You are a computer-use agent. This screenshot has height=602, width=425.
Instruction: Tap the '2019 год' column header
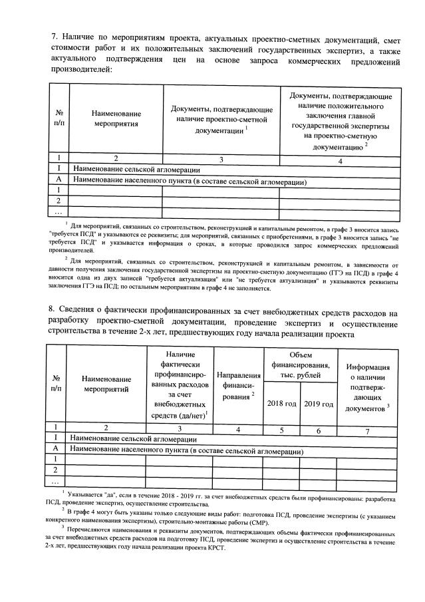pos(318,404)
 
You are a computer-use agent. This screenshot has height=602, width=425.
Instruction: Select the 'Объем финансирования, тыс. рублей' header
pos(300,365)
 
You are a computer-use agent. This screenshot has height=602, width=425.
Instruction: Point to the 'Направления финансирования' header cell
pos(239,384)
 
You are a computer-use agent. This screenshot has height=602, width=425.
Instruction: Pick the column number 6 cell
pos(318,429)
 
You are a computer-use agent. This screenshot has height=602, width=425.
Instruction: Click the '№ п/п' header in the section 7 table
pos(58,118)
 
